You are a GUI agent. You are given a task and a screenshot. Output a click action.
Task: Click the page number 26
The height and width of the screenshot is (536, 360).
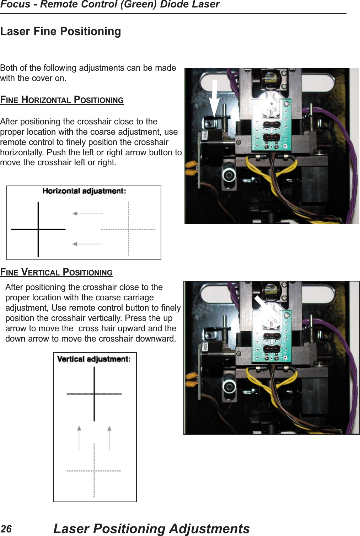coord(6,529)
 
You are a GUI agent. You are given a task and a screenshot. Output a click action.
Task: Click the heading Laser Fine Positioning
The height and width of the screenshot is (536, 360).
coord(60,31)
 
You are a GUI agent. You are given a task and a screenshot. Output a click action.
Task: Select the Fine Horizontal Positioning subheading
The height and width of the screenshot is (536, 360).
coord(62,100)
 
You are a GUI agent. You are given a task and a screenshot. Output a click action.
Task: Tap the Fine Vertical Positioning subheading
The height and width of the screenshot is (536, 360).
coord(56,272)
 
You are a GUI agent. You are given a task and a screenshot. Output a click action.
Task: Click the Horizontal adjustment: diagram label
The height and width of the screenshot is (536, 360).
coord(84,191)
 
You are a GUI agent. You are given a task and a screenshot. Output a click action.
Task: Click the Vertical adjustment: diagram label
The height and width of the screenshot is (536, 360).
coord(94,359)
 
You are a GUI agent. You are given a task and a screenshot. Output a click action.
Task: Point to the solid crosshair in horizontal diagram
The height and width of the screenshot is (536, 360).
coord(38,229)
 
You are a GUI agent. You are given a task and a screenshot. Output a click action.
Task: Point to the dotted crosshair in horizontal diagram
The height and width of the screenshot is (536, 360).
coord(128,229)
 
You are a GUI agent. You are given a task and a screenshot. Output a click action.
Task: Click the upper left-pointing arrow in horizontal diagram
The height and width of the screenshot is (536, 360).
coord(87,214)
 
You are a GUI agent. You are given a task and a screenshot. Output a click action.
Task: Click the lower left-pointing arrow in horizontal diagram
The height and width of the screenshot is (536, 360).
coord(87,244)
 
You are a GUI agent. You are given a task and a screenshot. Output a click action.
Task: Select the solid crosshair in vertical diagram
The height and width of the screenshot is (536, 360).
coord(94,394)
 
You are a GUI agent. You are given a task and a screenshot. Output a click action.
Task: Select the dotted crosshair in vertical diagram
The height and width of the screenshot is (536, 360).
coord(94,471)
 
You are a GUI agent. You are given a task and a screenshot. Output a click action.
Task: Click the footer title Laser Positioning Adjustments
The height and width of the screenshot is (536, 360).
coord(151,529)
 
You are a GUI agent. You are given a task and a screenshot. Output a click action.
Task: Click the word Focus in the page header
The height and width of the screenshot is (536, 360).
coord(15,5)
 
